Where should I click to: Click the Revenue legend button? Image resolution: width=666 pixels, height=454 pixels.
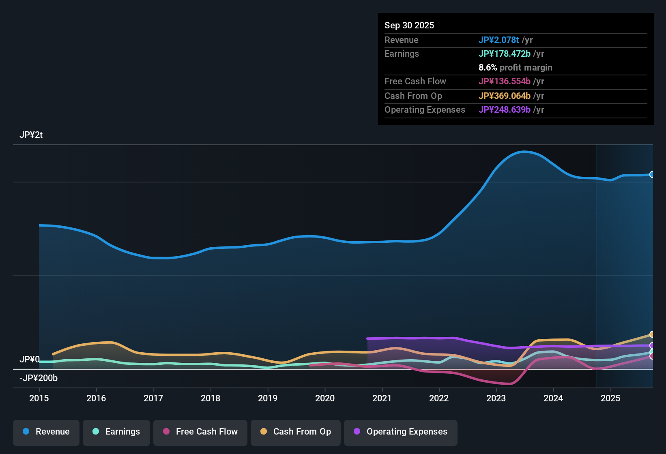coord(46,432)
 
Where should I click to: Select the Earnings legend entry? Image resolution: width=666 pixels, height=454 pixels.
coord(116,432)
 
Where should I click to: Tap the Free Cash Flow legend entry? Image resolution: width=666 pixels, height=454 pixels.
coord(200,432)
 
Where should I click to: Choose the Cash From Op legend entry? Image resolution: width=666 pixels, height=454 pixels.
coord(295,432)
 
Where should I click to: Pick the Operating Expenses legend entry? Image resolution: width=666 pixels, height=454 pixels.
coord(400,432)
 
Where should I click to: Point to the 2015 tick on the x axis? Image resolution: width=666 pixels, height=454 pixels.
coord(39,398)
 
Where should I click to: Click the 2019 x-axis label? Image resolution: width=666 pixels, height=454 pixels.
coord(268,398)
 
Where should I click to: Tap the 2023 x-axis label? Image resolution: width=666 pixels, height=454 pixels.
coord(496,398)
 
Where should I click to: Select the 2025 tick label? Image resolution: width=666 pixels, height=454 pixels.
coord(610,398)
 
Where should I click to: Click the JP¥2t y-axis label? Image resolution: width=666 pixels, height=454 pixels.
coord(31,135)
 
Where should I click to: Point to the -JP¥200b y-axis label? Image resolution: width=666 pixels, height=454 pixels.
coord(39,378)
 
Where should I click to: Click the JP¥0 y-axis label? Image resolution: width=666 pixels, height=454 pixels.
coord(29,360)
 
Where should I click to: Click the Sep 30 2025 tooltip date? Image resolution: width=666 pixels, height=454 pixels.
coord(409,26)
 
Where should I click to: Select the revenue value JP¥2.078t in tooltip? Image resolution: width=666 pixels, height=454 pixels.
coord(498,40)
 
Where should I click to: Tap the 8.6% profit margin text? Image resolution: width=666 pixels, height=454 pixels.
coord(515,68)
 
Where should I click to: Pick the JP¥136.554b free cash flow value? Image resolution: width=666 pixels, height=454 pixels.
coord(504,81)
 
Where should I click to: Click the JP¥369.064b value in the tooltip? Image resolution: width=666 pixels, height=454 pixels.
coord(504,96)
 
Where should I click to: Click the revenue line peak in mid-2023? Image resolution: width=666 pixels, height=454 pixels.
coord(524,152)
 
